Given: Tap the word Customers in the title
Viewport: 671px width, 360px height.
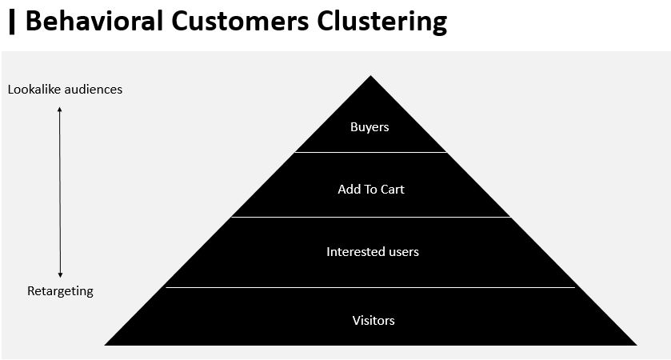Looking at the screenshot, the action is point(240,21).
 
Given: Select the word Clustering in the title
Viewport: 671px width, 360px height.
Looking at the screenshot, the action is point(382,22).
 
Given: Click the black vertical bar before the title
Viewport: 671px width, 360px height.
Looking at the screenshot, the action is point(12,22).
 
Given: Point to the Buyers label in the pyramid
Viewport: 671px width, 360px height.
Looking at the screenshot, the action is point(369,127).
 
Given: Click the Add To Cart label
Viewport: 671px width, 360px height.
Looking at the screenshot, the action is point(371,190).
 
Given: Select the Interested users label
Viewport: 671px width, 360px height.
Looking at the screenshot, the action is point(373,252).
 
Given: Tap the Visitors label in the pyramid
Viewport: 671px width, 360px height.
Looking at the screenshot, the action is point(373,321).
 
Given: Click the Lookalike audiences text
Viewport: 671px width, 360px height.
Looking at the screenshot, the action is point(65,90).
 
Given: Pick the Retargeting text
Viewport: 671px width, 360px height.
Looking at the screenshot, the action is point(60,291).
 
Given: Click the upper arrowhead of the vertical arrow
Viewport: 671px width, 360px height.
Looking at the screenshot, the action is point(60,109).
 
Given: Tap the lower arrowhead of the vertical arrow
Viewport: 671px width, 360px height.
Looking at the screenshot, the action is point(60,275).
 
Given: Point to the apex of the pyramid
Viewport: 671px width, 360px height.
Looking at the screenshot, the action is point(370,76).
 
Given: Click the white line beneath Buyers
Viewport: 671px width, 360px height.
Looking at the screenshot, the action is point(370,152).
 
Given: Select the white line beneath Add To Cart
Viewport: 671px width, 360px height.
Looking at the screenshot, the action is point(371,217).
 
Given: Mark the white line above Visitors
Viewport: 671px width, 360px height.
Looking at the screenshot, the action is point(370,288).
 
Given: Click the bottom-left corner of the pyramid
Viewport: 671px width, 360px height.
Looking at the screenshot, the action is point(106,345).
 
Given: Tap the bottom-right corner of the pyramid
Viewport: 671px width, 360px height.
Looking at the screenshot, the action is point(637,345).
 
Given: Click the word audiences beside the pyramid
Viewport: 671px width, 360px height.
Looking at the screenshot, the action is point(94,90).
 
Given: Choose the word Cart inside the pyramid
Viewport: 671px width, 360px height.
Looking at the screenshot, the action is point(393,190).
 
